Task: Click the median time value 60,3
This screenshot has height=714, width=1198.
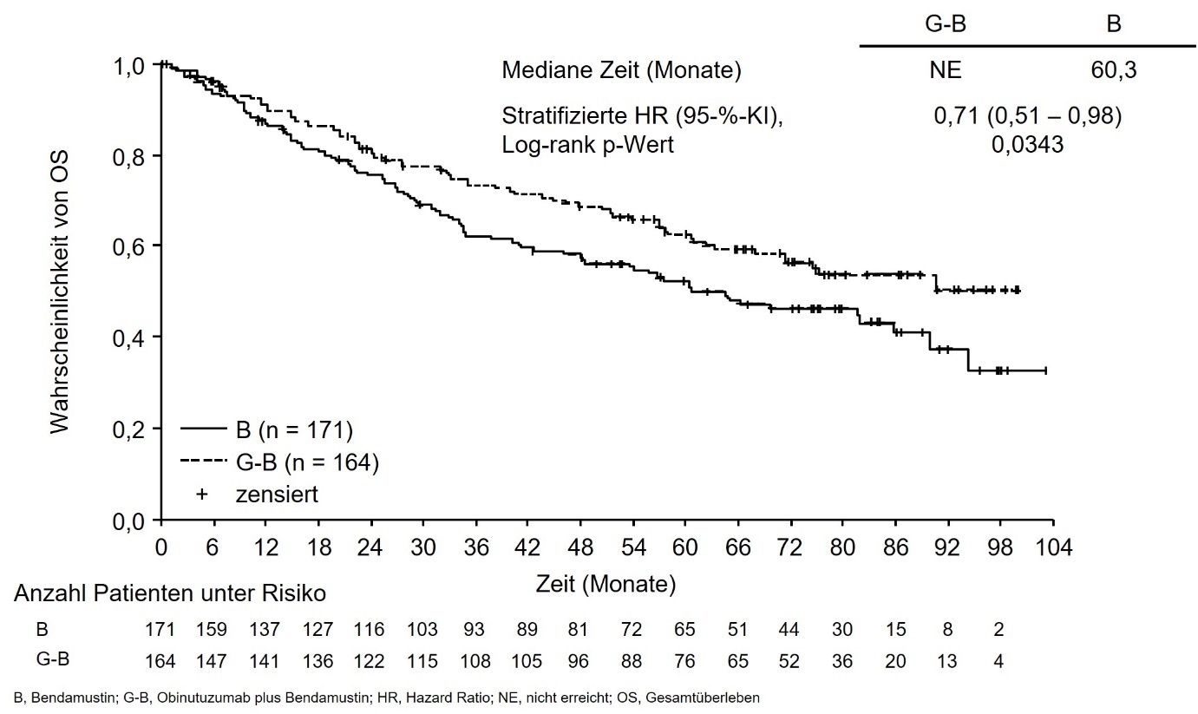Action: [1114, 71]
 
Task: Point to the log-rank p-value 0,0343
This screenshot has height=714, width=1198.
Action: [1027, 147]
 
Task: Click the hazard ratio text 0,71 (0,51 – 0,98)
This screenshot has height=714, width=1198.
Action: [1027, 116]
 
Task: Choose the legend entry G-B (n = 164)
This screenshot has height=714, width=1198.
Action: [279, 462]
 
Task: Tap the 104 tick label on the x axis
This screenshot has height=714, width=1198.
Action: [1053, 548]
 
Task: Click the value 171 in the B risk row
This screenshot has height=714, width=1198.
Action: [161, 629]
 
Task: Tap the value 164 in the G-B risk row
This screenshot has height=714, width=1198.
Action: [161, 661]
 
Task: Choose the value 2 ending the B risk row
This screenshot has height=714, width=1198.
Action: [998, 629]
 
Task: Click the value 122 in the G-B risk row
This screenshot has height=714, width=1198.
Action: [370, 661]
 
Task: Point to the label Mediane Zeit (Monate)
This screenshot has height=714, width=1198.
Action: [621, 71]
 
